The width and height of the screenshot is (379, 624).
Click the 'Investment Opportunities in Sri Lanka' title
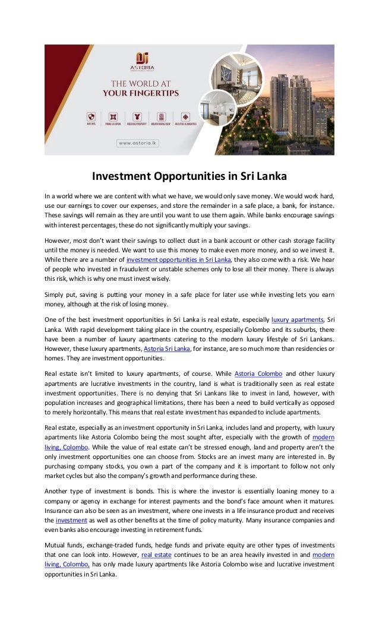click(189, 177)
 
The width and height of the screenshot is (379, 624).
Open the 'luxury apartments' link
click(298, 319)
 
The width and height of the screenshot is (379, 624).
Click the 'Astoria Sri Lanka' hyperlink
click(167, 349)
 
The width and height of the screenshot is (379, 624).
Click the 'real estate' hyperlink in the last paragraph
click(155, 555)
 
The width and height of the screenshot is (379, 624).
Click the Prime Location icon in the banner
click(113, 117)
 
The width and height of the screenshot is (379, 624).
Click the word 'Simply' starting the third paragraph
click(55, 294)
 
